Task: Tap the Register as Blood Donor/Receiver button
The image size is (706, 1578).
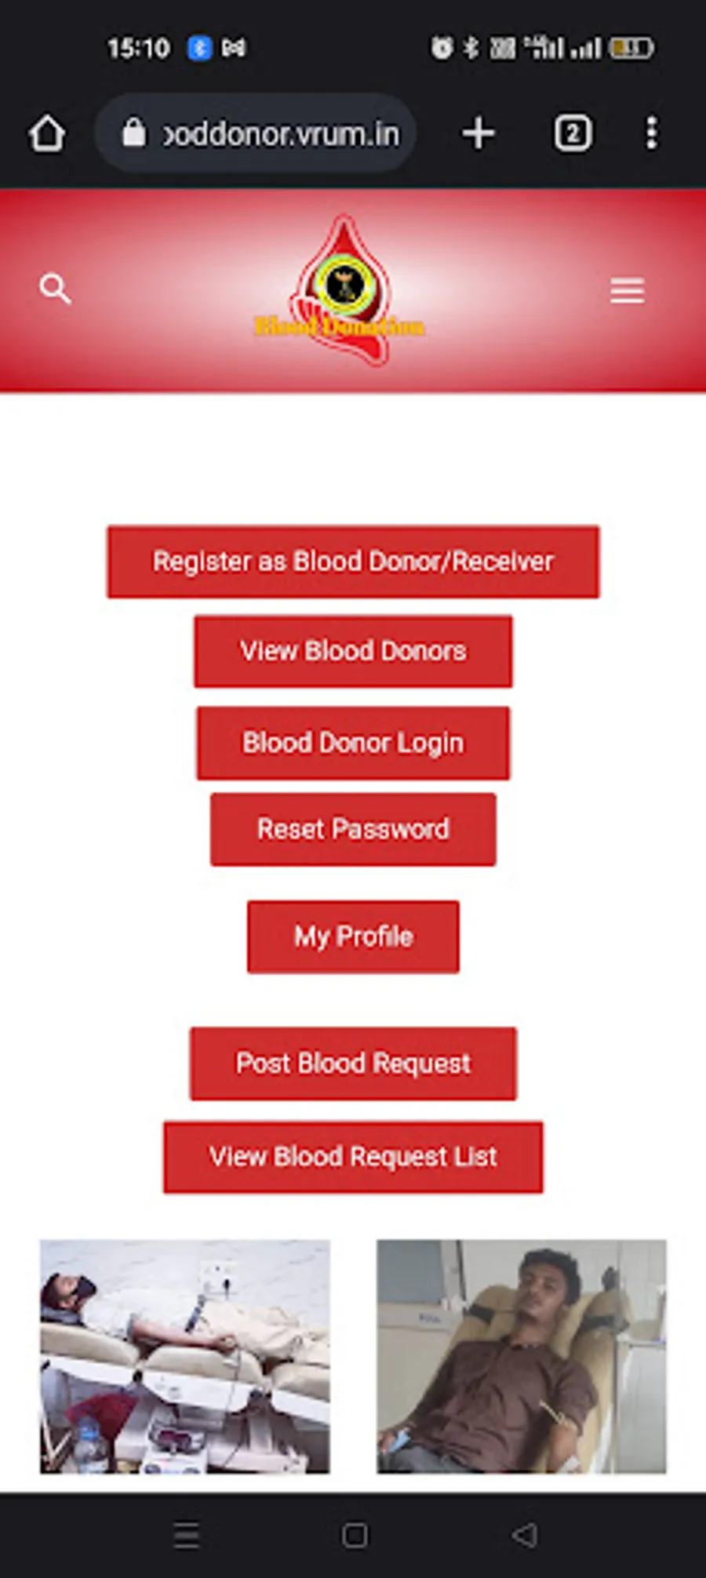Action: click(353, 562)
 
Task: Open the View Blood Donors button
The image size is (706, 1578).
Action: click(353, 651)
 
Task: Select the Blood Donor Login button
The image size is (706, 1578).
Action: click(353, 743)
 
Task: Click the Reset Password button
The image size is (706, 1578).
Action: click(353, 829)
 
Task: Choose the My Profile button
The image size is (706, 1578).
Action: click(353, 936)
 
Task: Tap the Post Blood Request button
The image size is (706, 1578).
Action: click(353, 1064)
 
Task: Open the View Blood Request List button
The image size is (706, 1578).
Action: click(353, 1157)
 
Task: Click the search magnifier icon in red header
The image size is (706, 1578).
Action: click(55, 289)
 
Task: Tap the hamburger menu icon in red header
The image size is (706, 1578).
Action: click(628, 290)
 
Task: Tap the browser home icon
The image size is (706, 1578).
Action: click(47, 133)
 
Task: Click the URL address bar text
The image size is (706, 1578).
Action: click(281, 134)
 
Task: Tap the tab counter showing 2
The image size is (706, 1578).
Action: click(573, 133)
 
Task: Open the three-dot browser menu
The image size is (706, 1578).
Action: click(651, 133)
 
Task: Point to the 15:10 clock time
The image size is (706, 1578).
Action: click(139, 48)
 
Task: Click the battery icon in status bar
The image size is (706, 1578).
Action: click(631, 48)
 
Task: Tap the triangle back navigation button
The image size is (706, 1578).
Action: click(524, 1535)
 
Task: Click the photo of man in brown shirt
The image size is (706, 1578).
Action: click(522, 1356)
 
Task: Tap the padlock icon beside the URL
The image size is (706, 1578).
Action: click(134, 133)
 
